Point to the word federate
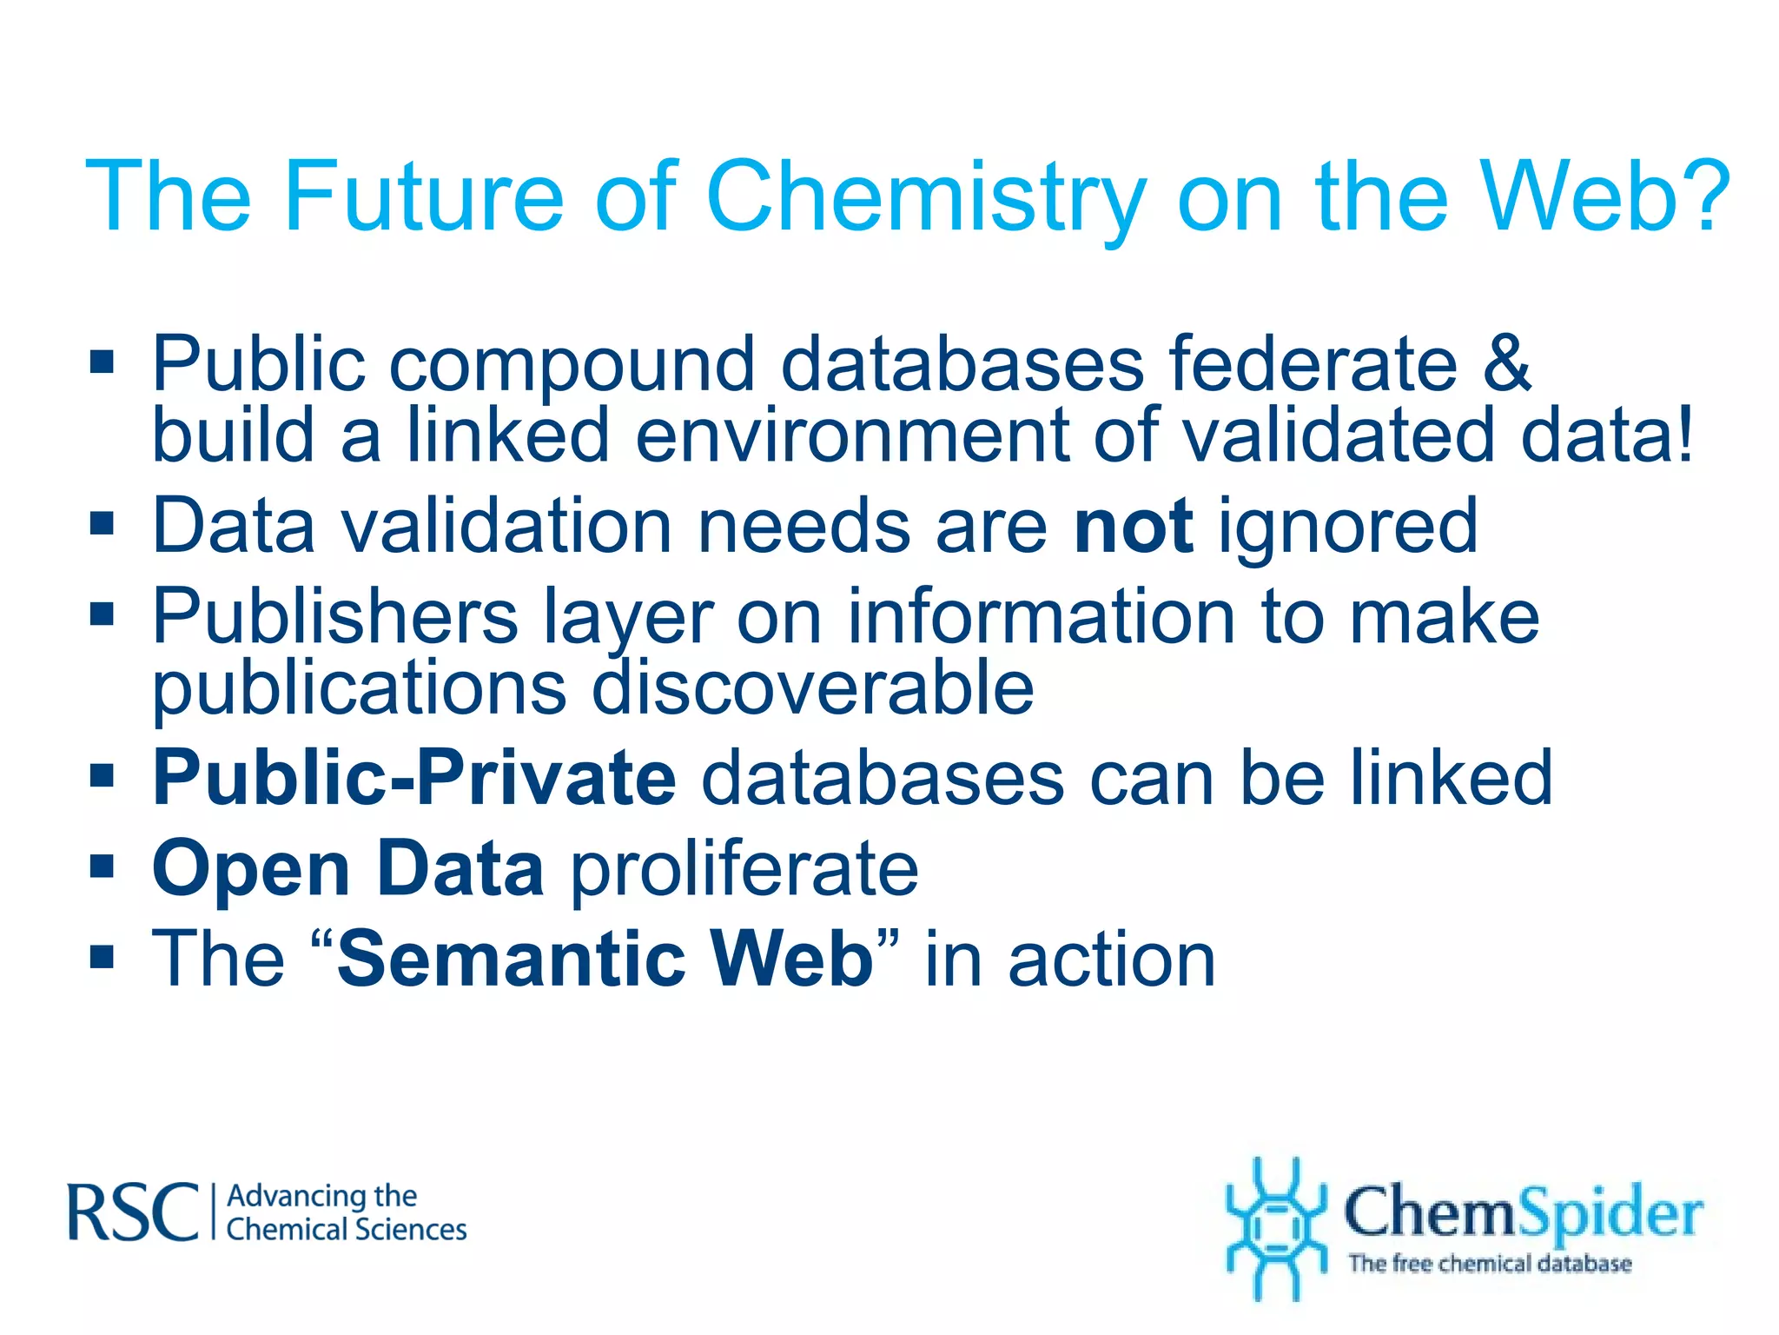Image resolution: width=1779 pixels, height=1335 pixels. pyautogui.click(x=1313, y=363)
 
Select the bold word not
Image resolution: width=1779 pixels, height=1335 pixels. pyautogui.click(x=1134, y=526)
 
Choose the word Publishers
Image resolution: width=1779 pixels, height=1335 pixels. pyautogui.click(x=335, y=616)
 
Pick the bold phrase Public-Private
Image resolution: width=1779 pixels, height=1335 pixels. pyautogui.click(x=414, y=777)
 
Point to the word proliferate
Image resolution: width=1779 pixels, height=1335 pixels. pyautogui.click(x=744, y=869)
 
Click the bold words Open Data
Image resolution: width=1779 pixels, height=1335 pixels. pyautogui.click(x=348, y=869)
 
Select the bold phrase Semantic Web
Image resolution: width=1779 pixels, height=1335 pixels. pyautogui.click(x=605, y=959)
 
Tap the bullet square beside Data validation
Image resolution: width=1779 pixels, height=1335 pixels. pyautogui.click(x=103, y=524)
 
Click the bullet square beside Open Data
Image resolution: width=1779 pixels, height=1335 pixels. pyautogui.click(x=103, y=867)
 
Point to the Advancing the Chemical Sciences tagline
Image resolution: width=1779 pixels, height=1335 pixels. pyautogui.click(x=346, y=1213)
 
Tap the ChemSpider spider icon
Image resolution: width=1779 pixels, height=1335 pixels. pyautogui.click(x=1275, y=1227)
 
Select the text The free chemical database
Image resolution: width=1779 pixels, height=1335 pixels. pyautogui.click(x=1490, y=1263)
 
